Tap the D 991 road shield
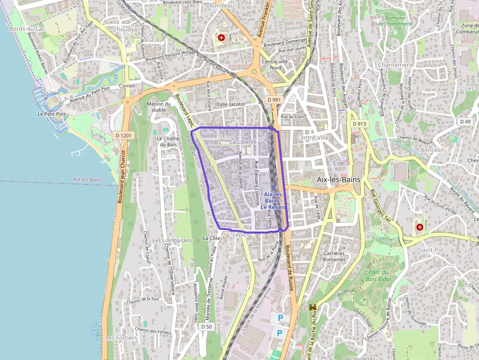tap(275, 100)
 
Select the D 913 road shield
tap(359, 124)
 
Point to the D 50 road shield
tap(206, 327)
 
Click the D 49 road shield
tap(465, 121)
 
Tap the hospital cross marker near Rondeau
tap(221, 37)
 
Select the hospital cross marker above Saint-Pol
tap(419, 227)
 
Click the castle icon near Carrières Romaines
tap(313, 307)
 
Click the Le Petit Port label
tap(51, 114)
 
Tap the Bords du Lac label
tap(23, 29)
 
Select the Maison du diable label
tap(159, 106)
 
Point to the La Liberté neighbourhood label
tap(243, 141)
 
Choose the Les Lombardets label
tap(172, 240)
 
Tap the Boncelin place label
tap(432, 150)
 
